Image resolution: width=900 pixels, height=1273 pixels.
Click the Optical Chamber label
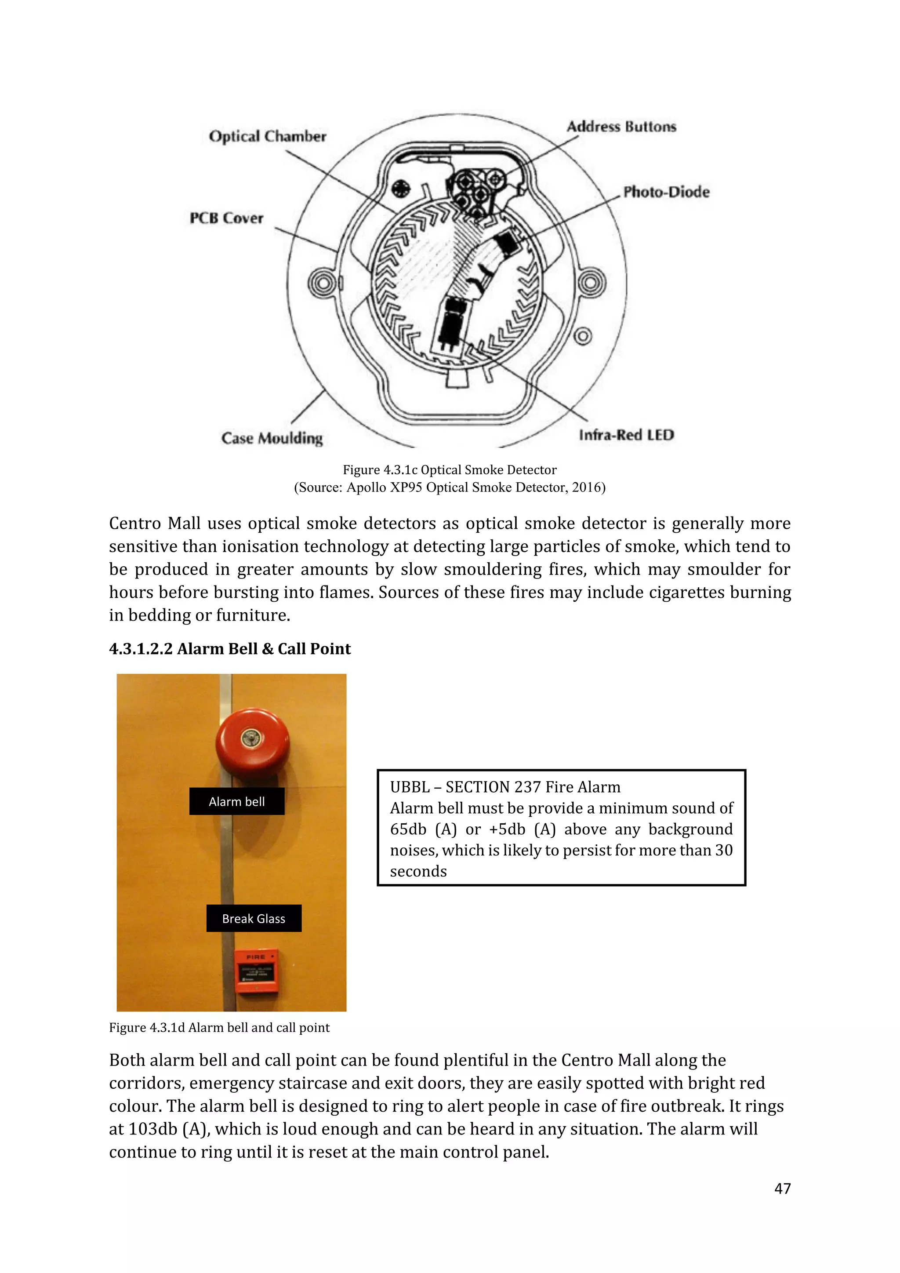[x=267, y=136]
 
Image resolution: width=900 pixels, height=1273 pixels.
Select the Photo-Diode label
[x=666, y=192]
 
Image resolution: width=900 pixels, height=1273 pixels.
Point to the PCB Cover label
[x=226, y=218]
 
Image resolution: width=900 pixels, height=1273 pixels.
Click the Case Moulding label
[x=272, y=438]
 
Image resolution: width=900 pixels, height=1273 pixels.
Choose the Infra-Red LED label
[x=626, y=435]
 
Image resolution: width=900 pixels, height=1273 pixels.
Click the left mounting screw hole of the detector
[x=321, y=284]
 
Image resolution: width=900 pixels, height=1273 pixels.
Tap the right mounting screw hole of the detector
[x=592, y=283]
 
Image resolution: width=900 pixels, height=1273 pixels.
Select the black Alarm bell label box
[x=236, y=801]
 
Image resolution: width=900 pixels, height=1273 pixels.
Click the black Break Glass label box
[x=254, y=919]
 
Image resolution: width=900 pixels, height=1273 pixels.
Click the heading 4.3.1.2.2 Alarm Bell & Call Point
[x=229, y=649]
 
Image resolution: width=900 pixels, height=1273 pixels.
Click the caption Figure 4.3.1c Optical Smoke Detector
[x=450, y=469]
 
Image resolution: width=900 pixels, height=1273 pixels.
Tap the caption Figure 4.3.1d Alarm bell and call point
[x=219, y=1027]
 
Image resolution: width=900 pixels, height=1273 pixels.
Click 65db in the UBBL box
[x=410, y=829]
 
